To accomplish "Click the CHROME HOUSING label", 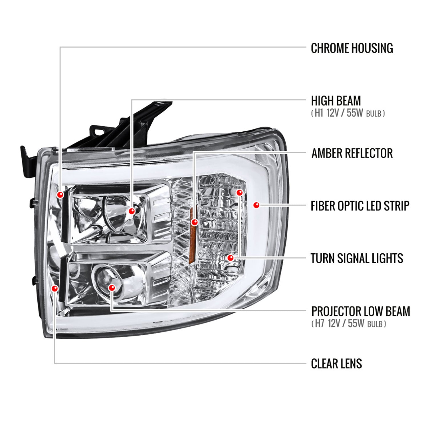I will (352, 48).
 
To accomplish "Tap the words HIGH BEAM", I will (336, 101).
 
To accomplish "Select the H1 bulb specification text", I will (348, 113).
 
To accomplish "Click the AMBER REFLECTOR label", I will (352, 153).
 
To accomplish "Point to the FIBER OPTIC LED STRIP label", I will (360, 206).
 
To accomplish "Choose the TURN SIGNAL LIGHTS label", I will (357, 258).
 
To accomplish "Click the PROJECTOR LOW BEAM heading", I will (360, 311).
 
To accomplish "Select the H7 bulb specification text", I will (348, 324).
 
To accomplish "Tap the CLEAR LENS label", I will (336, 364).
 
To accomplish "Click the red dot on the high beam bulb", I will (132, 211).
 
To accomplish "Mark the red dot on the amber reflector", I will (194, 222).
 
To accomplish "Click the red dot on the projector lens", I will (112, 288).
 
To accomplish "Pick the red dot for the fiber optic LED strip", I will (256, 205).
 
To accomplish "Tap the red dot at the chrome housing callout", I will (60, 195).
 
